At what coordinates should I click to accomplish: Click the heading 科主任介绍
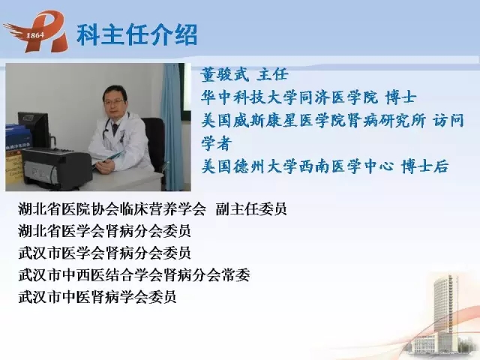(x=136, y=34)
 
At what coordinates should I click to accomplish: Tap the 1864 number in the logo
(x=35, y=35)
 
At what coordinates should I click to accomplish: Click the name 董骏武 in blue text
(x=225, y=74)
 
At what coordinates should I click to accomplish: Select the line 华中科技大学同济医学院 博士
(x=308, y=97)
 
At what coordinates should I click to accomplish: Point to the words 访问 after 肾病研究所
(x=448, y=120)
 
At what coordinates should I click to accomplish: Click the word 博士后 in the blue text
(x=425, y=166)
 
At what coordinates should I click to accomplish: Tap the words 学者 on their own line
(x=216, y=143)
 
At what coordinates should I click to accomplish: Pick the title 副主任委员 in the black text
(x=251, y=208)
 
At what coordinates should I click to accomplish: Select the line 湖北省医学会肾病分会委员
(x=104, y=231)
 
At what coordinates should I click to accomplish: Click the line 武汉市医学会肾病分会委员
(x=104, y=253)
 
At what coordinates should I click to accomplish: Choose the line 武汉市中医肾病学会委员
(x=97, y=297)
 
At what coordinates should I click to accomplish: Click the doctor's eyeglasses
(x=114, y=101)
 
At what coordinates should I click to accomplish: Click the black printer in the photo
(x=57, y=167)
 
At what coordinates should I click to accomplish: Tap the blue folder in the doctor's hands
(x=108, y=157)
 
